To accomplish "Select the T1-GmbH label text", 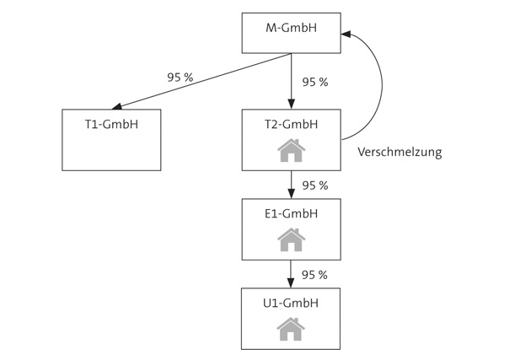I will coord(111,125).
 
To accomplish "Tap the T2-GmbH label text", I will coord(291,124).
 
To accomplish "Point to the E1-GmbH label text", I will coord(291,213).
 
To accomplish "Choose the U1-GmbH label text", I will coord(291,303).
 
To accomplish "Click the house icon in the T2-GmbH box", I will coord(291,151).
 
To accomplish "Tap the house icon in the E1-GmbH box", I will coord(291,240).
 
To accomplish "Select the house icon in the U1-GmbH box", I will coord(291,329).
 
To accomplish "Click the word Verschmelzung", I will coord(400,153).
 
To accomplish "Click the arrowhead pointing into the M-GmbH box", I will coord(346,34).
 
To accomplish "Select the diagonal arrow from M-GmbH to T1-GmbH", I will coord(202,81).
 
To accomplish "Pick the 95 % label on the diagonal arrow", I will coord(180,78).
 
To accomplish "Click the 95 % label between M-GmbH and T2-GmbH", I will coord(314,83).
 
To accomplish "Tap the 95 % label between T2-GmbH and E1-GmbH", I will coord(314,185).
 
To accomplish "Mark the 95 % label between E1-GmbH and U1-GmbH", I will coord(314,275).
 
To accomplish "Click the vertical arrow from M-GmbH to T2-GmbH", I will coord(291,81).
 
